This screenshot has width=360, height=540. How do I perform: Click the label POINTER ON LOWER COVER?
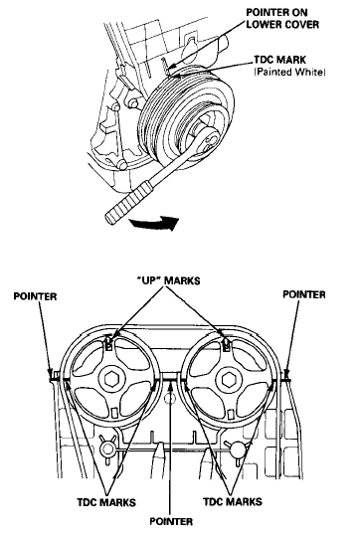click(282, 19)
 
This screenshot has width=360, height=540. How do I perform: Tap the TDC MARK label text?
click(279, 60)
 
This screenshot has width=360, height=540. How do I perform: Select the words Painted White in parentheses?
click(289, 73)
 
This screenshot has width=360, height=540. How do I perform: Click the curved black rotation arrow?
click(154, 223)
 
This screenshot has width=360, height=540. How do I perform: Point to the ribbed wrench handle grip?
click(127, 203)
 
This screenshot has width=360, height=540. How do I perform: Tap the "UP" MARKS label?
click(169, 281)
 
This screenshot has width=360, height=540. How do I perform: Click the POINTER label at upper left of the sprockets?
click(35, 296)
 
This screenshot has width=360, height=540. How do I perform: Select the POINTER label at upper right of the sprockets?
click(304, 294)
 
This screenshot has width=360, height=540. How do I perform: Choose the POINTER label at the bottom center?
click(171, 521)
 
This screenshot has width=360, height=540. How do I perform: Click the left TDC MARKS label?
click(106, 502)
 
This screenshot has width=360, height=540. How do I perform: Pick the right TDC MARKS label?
click(233, 501)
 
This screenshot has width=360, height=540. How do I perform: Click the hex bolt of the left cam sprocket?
click(110, 379)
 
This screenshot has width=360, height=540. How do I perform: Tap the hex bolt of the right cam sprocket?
click(228, 379)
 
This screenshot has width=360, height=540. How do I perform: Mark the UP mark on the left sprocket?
click(109, 344)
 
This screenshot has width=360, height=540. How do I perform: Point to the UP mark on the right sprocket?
click(227, 345)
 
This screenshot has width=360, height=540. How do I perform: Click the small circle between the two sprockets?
click(169, 399)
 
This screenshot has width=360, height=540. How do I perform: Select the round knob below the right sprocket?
click(238, 449)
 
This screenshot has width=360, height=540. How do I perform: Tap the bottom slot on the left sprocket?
click(114, 413)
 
